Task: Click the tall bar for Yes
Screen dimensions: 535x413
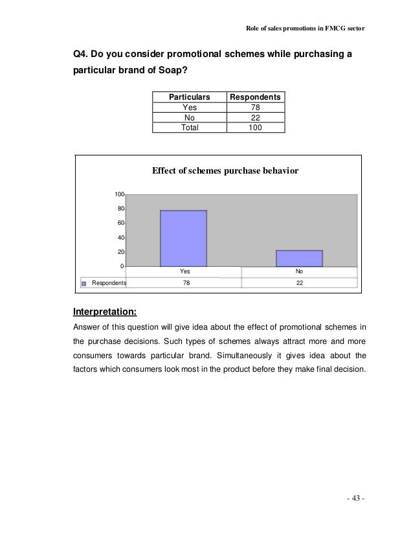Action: (183, 238)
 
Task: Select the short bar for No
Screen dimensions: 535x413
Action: (299, 258)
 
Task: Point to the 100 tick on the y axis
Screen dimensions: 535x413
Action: (120, 194)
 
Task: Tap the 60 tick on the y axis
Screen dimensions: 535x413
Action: (120, 223)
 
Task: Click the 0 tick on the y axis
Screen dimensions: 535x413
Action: (122, 266)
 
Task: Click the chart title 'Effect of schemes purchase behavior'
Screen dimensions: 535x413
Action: (225, 171)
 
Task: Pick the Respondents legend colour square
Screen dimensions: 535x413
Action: (84, 283)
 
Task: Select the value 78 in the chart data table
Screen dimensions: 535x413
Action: (183, 283)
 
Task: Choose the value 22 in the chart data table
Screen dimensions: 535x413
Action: (299, 283)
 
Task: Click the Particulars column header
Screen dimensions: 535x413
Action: (190, 97)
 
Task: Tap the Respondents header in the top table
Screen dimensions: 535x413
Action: (255, 97)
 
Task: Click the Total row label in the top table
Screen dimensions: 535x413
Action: (190, 128)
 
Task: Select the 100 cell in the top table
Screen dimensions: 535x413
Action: (255, 128)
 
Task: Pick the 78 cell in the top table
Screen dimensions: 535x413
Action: (255, 108)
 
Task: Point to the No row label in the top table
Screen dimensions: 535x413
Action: (190, 117)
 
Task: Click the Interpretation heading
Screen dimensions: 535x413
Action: (105, 310)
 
